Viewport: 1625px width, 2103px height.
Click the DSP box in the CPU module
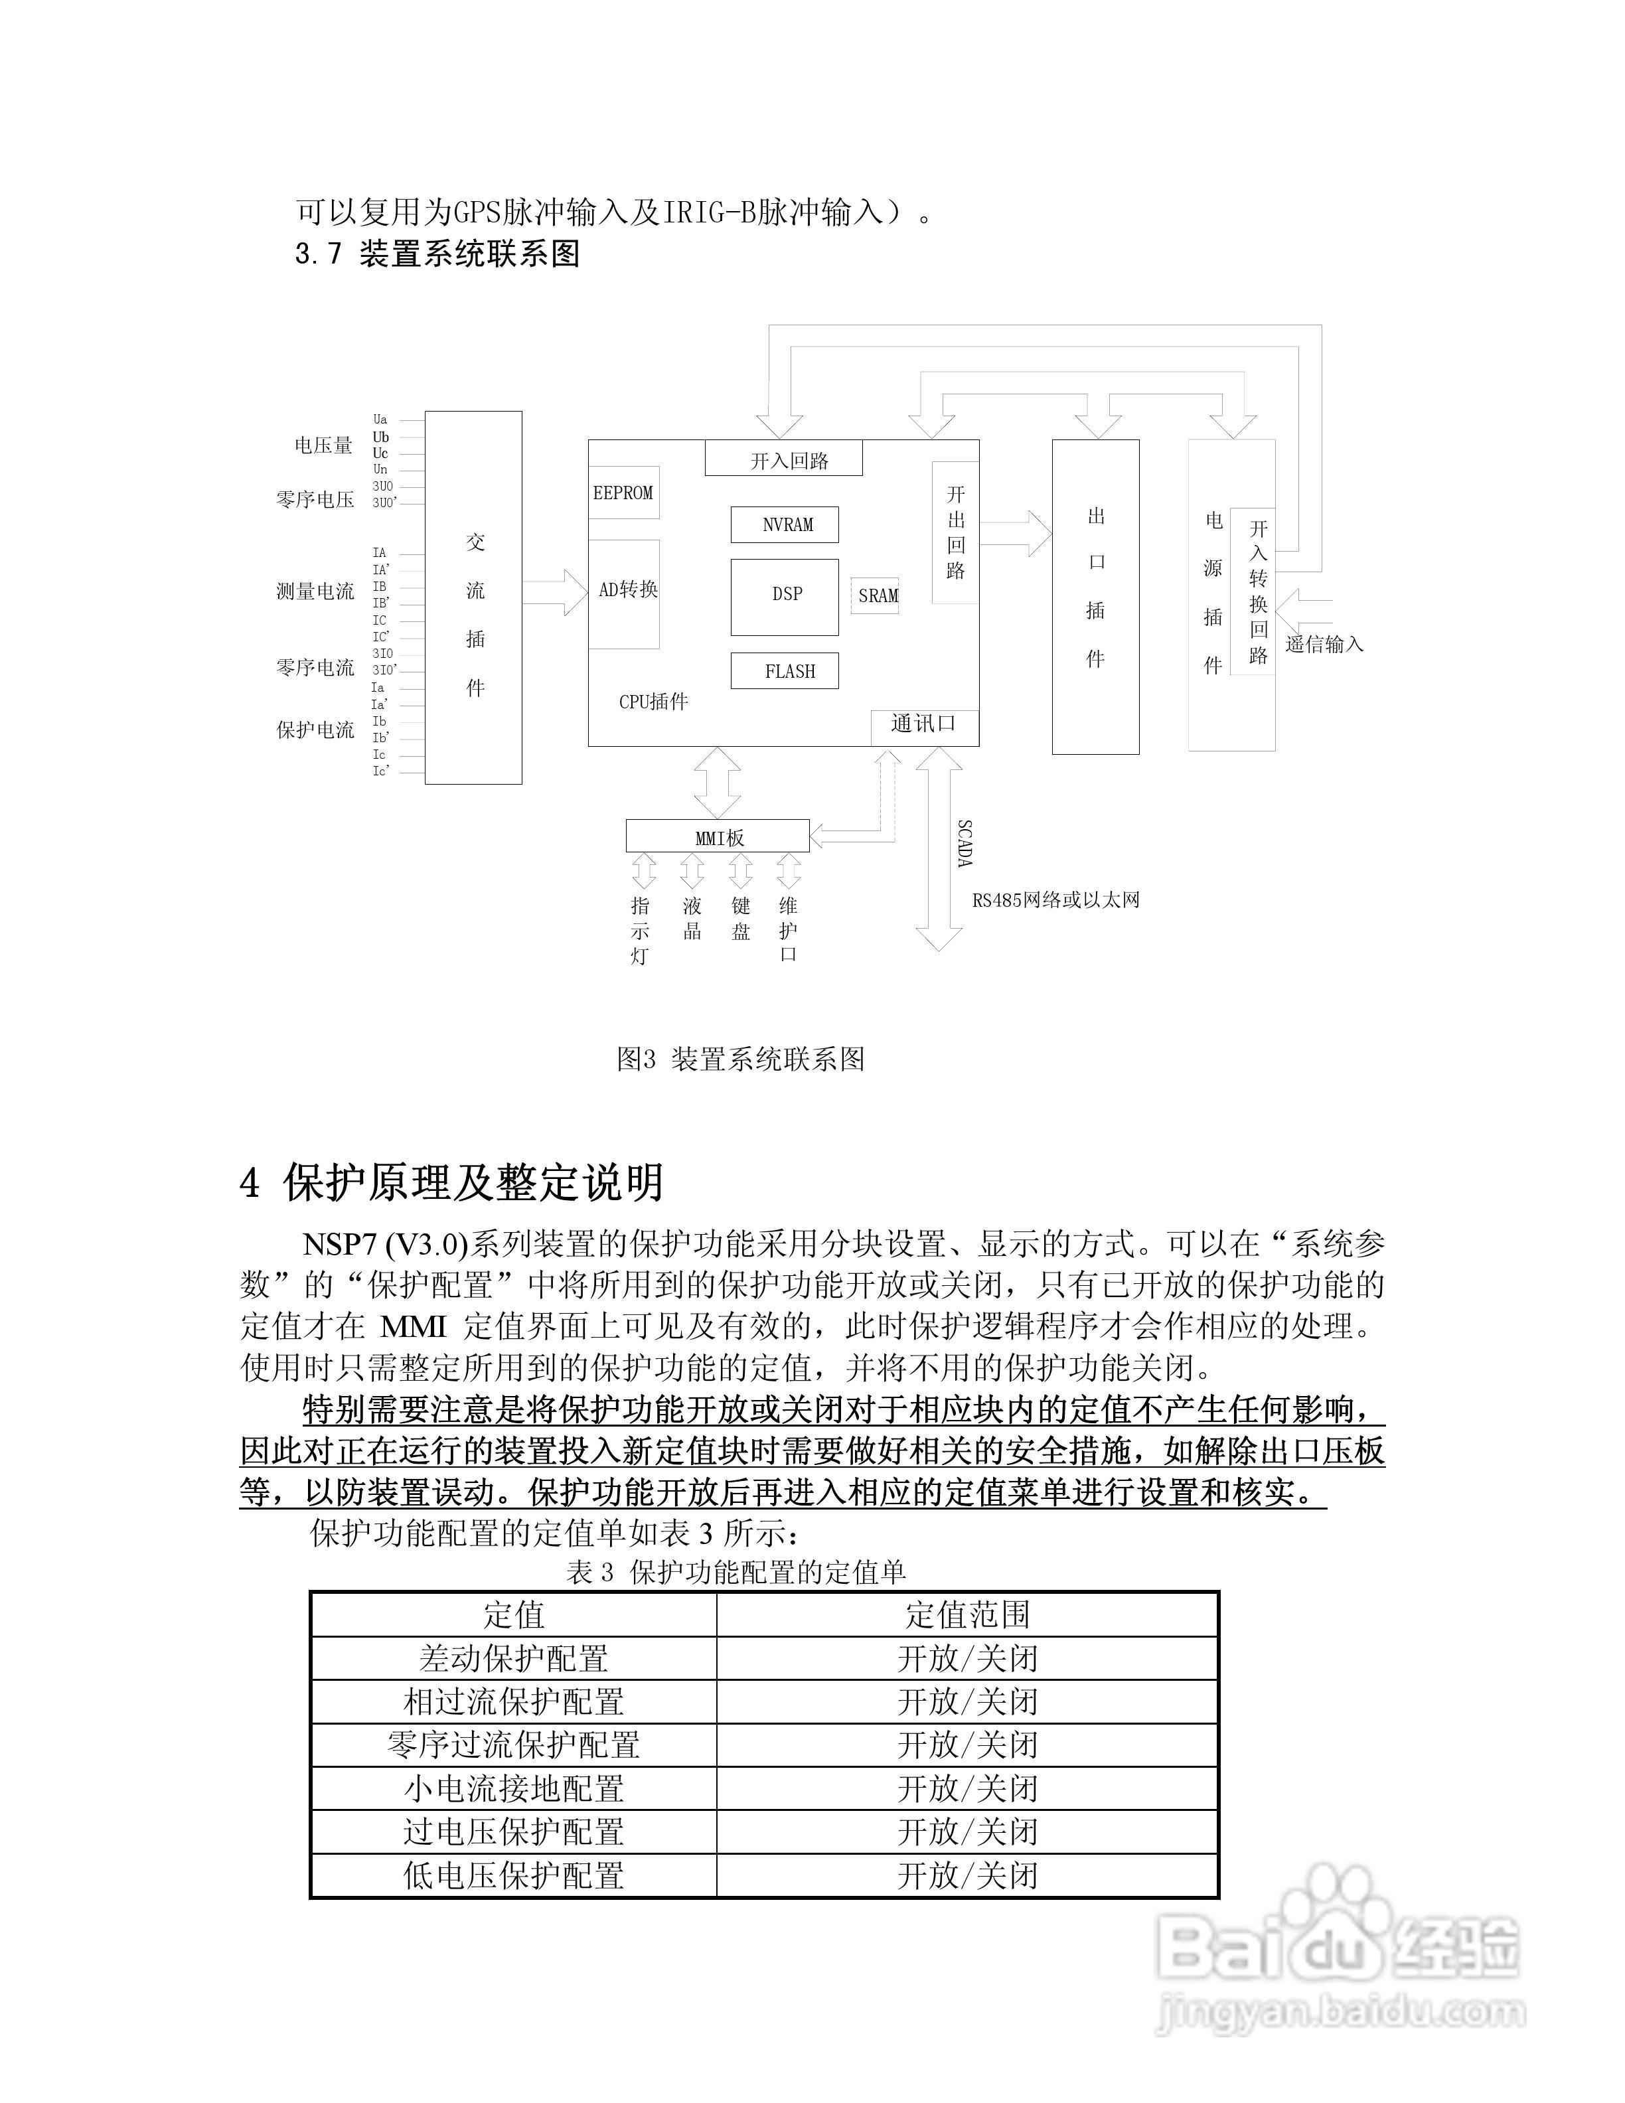click(785, 596)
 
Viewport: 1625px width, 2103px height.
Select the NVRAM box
click(785, 525)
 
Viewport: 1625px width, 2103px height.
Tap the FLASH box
click(785, 670)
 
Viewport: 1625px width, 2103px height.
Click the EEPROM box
click(623, 493)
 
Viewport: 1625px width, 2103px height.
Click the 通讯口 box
click(923, 725)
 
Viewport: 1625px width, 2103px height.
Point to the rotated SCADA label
click(965, 844)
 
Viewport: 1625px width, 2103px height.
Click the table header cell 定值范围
click(967, 1615)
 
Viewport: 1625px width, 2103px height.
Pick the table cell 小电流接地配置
click(513, 1788)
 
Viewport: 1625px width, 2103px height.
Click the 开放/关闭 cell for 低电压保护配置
click(967, 1875)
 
